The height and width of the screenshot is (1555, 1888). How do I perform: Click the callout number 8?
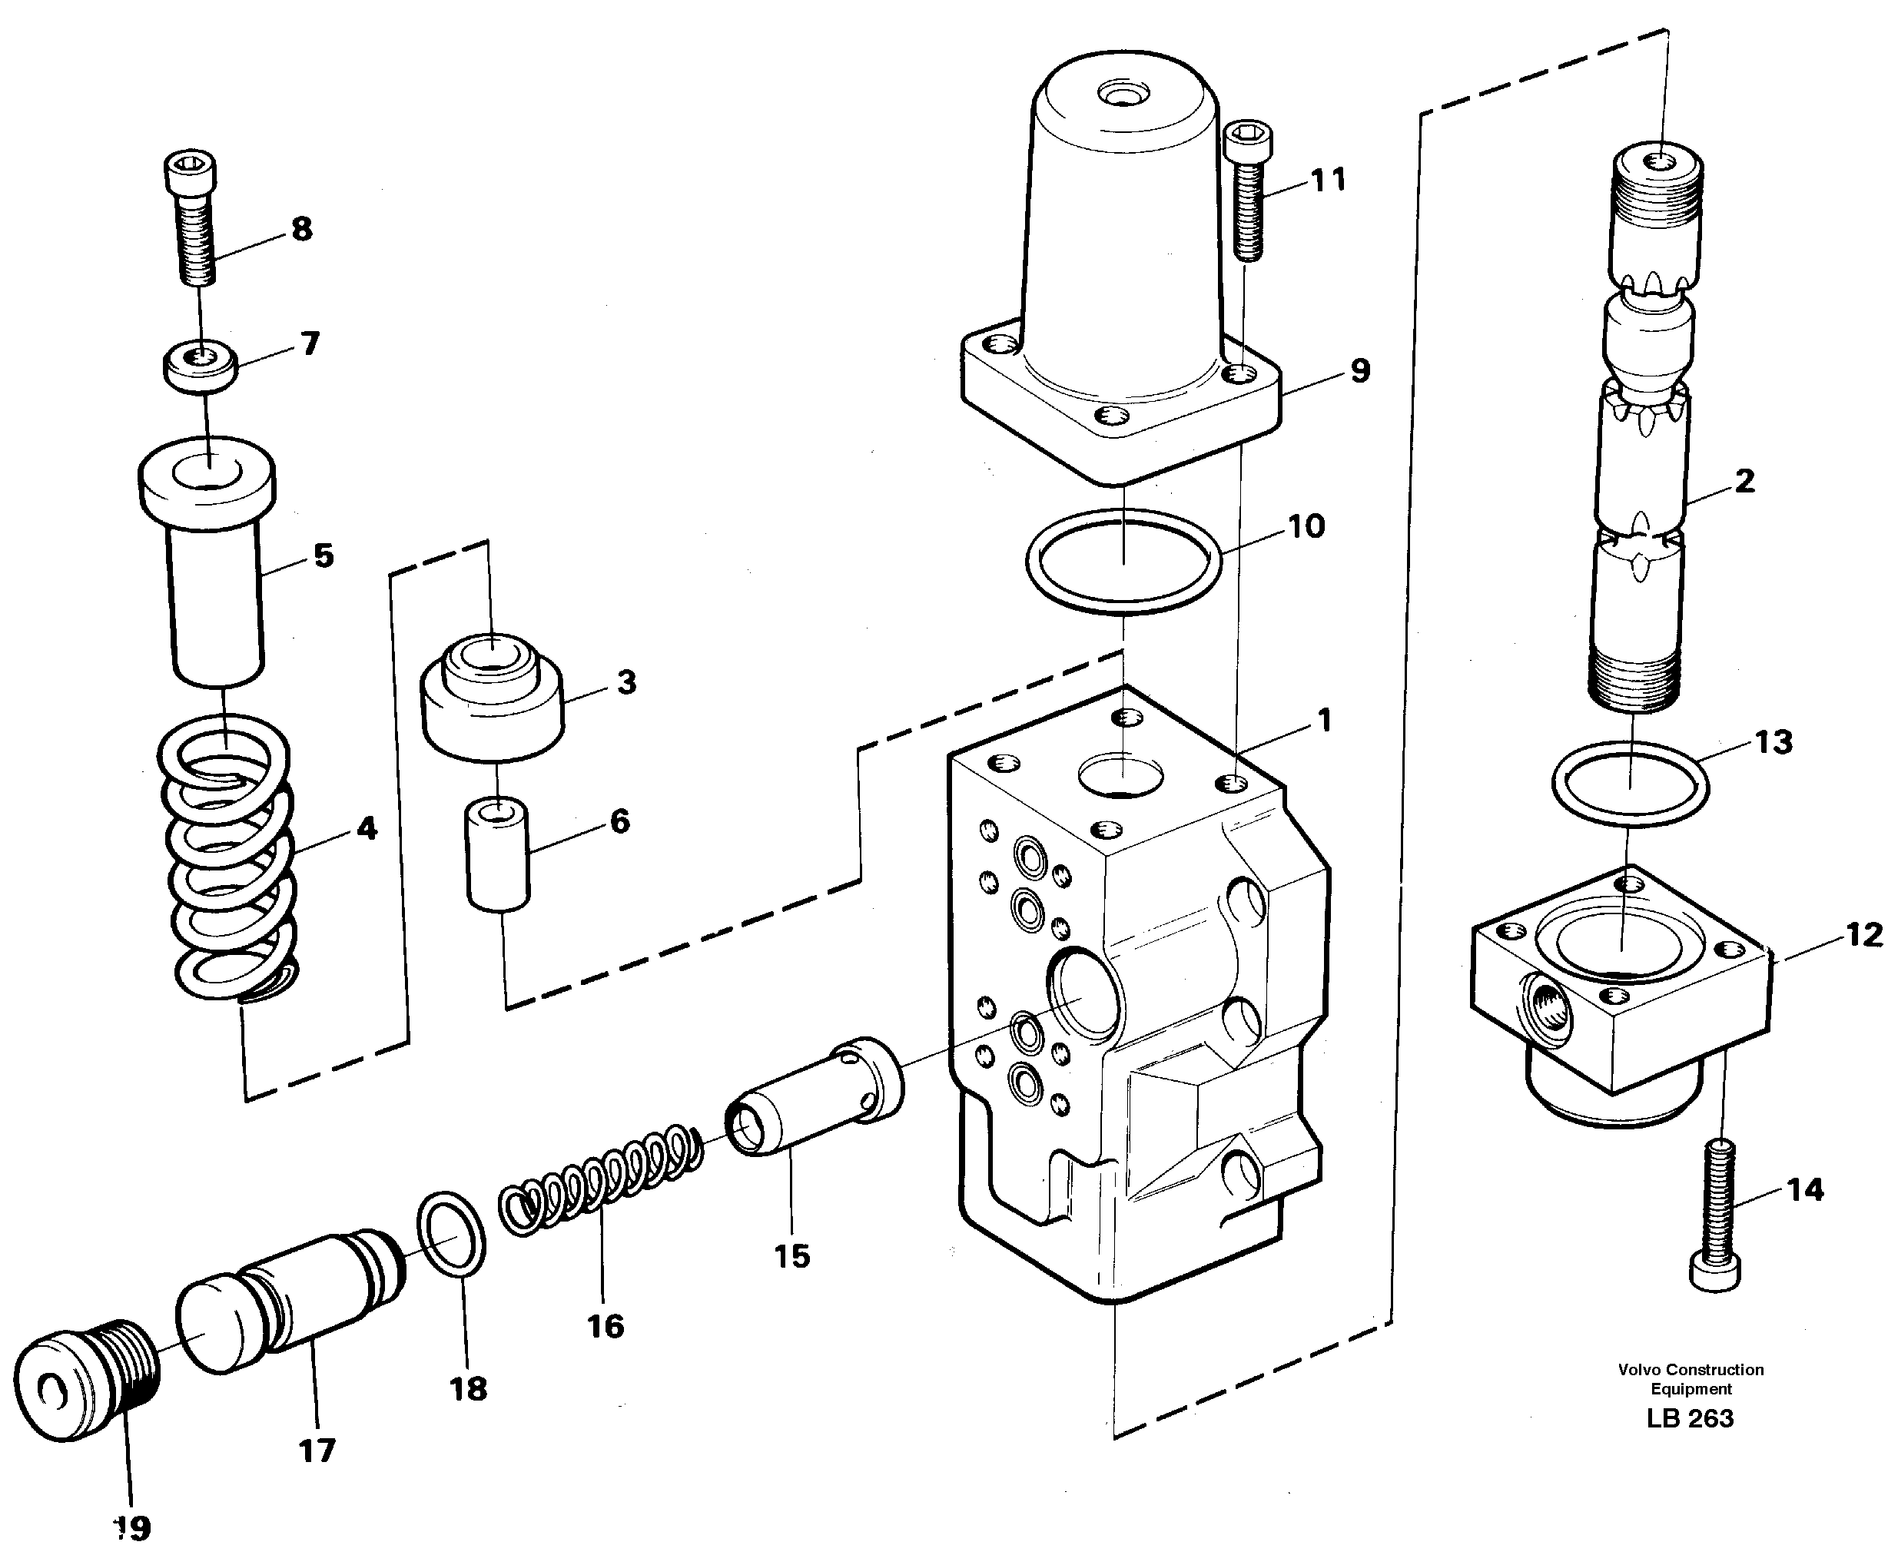point(302,228)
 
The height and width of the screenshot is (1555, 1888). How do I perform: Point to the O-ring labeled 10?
point(1123,562)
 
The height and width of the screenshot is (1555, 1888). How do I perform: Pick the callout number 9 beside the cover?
point(1359,370)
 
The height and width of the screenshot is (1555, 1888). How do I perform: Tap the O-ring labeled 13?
point(1629,784)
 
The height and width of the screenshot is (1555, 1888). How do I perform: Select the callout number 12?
point(1864,935)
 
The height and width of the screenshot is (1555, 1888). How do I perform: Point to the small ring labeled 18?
point(452,1232)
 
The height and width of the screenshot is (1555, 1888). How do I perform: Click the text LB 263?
point(1690,1418)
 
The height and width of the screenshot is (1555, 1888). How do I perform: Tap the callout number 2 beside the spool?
point(1744,481)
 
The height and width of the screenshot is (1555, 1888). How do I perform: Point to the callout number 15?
point(791,1256)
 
